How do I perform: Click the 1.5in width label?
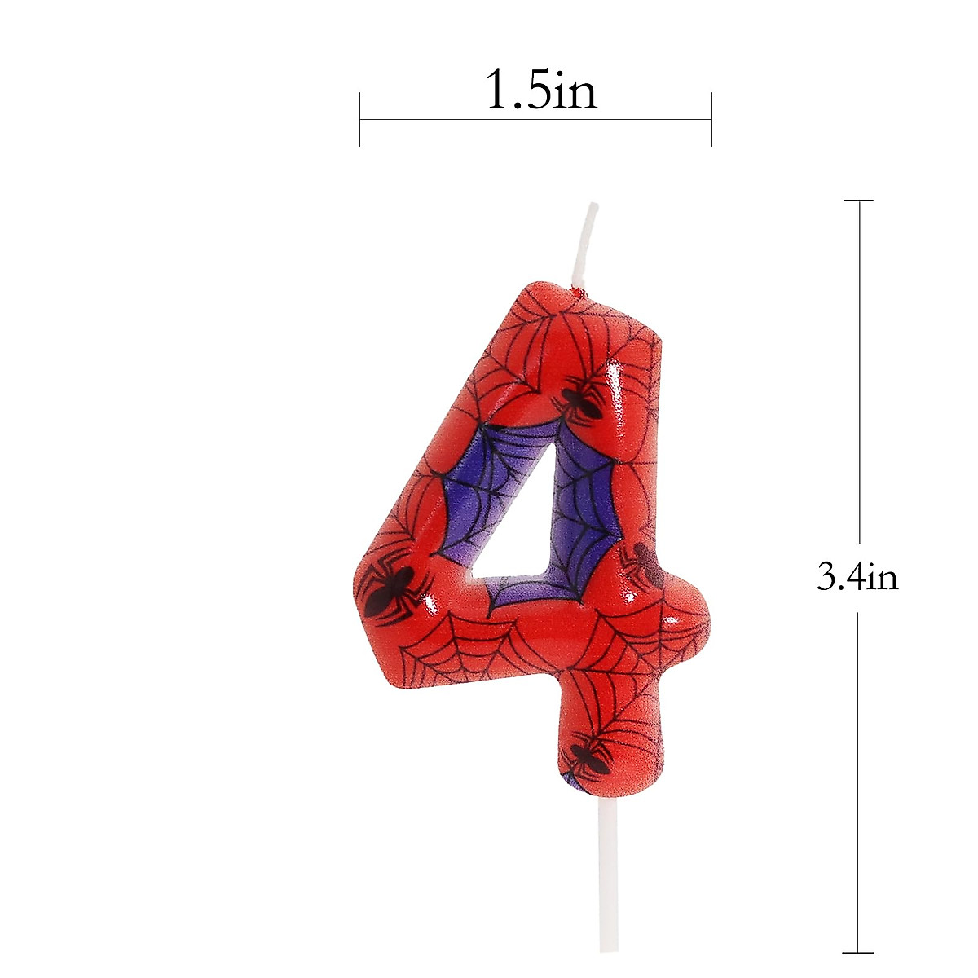[540, 90]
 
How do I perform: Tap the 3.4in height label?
[857, 578]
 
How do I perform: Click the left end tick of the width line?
[360, 119]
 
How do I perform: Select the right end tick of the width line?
[711, 119]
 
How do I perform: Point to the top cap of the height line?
[859, 200]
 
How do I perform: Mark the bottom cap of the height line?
[859, 952]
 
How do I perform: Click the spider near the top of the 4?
[581, 399]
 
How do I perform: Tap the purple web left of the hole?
[473, 497]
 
